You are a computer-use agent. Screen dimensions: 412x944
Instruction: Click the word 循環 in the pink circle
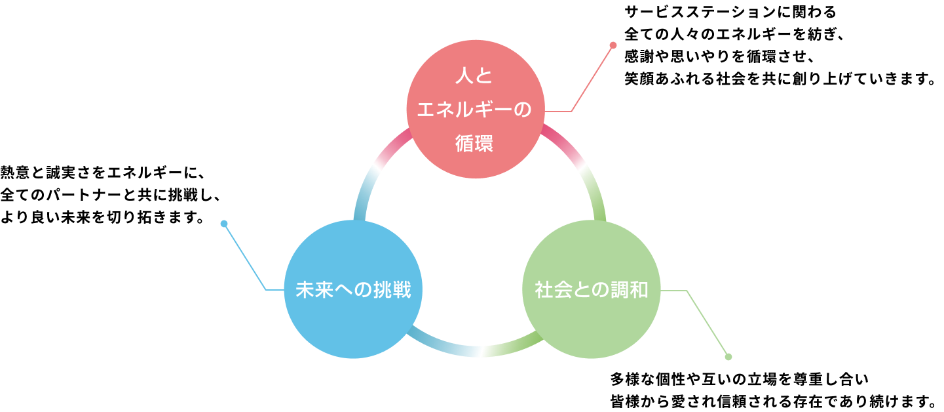tap(474, 144)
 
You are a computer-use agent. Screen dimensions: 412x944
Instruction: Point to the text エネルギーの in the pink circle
tap(474, 110)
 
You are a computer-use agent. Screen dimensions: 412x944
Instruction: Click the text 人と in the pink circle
tap(474, 77)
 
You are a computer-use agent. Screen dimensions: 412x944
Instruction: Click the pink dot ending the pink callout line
tap(613, 45)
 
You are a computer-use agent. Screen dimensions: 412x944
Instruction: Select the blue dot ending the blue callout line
tap(224, 224)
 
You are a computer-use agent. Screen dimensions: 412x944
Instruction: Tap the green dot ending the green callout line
tap(728, 357)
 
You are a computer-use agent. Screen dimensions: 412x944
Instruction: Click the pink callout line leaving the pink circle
tap(592, 79)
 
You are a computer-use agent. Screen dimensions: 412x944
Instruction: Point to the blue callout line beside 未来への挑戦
tap(245, 257)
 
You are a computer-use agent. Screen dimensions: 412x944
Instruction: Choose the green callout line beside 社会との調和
tap(707, 323)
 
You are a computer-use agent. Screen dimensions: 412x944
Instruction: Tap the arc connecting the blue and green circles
tap(478, 351)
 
